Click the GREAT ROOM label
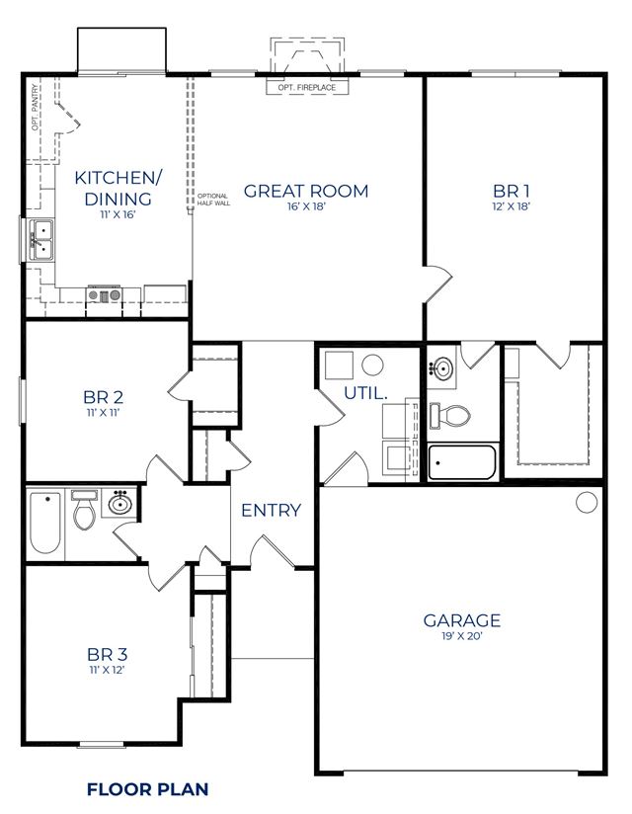306,191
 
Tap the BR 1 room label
512,191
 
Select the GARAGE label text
462,620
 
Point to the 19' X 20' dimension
462,636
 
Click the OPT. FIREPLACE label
307,88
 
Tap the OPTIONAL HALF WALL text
213,200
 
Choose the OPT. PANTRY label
35,108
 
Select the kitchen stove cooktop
105,294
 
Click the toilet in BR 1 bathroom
450,415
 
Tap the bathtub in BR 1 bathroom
462,462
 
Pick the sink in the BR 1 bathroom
442,369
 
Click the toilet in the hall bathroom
84,510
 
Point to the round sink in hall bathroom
119,503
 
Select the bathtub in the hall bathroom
45,523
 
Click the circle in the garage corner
587,502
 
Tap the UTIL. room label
365,393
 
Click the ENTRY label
272,511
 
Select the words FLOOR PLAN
148,789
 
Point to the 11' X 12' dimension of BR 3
107,670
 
